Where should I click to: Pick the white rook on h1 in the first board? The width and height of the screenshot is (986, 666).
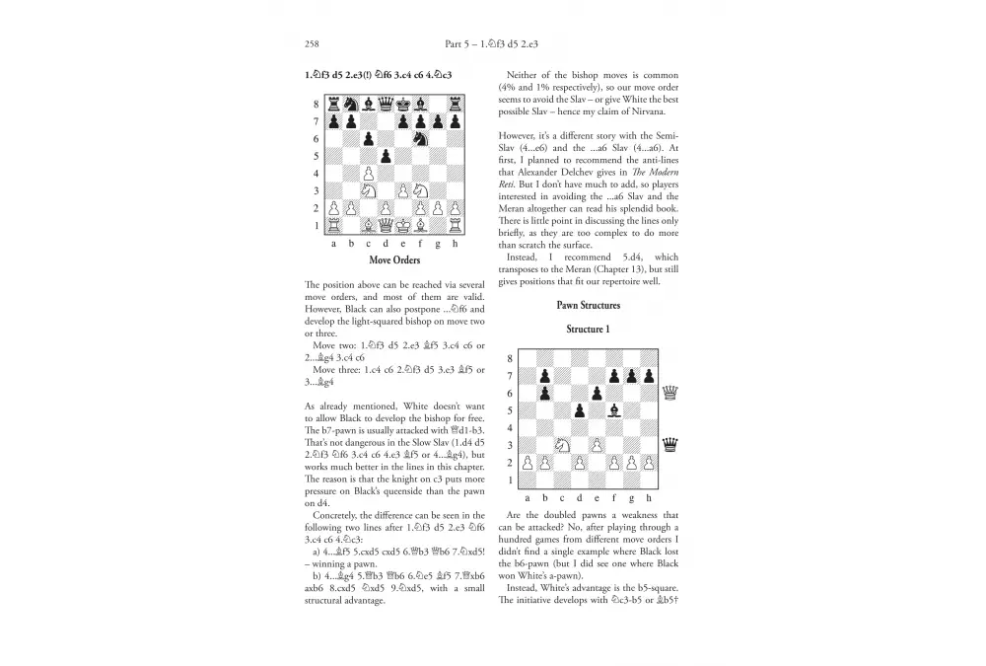454,226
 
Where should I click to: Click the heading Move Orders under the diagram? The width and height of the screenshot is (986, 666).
393,261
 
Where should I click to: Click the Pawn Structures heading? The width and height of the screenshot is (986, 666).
586,306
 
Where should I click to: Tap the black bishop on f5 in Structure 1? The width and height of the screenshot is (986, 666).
613,410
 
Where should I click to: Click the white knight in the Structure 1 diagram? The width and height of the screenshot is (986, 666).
561,445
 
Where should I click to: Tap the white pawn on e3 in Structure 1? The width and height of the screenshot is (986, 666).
596,445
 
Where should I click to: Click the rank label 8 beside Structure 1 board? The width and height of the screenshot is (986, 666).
510,359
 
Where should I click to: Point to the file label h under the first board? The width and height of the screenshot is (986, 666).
454,243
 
